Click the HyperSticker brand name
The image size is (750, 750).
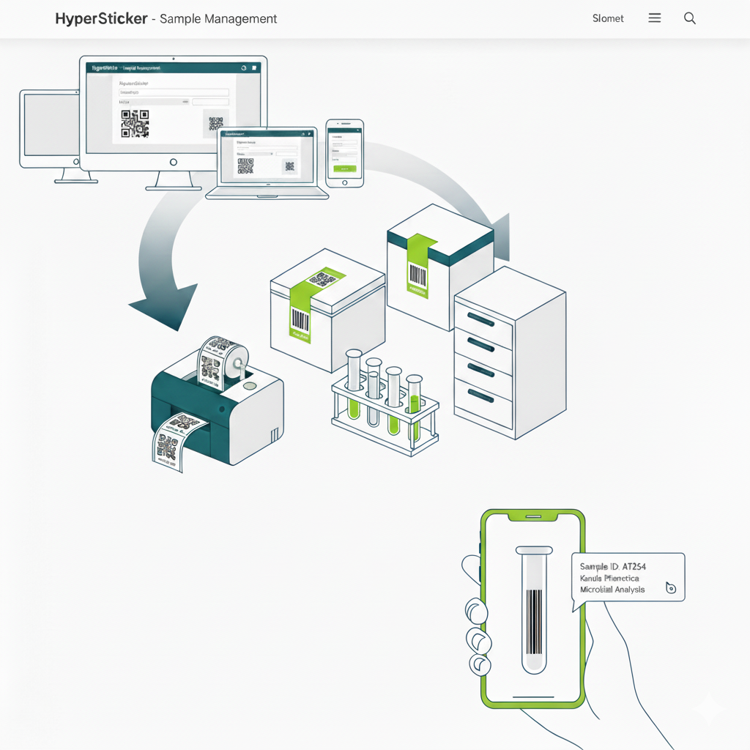click(x=101, y=18)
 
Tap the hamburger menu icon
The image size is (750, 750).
click(x=655, y=18)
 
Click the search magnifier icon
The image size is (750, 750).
click(x=689, y=18)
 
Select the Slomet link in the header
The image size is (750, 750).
click(x=608, y=18)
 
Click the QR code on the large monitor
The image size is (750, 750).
click(x=135, y=123)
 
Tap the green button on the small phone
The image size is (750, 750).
click(x=344, y=168)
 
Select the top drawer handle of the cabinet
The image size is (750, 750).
click(x=480, y=319)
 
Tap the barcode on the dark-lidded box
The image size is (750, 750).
click(x=417, y=275)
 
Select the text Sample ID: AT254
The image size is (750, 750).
click(x=612, y=566)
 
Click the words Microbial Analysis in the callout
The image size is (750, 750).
click(x=612, y=590)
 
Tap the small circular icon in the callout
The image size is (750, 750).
click(x=670, y=587)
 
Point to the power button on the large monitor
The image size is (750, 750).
click(x=173, y=162)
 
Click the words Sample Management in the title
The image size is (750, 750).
click(x=218, y=18)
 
